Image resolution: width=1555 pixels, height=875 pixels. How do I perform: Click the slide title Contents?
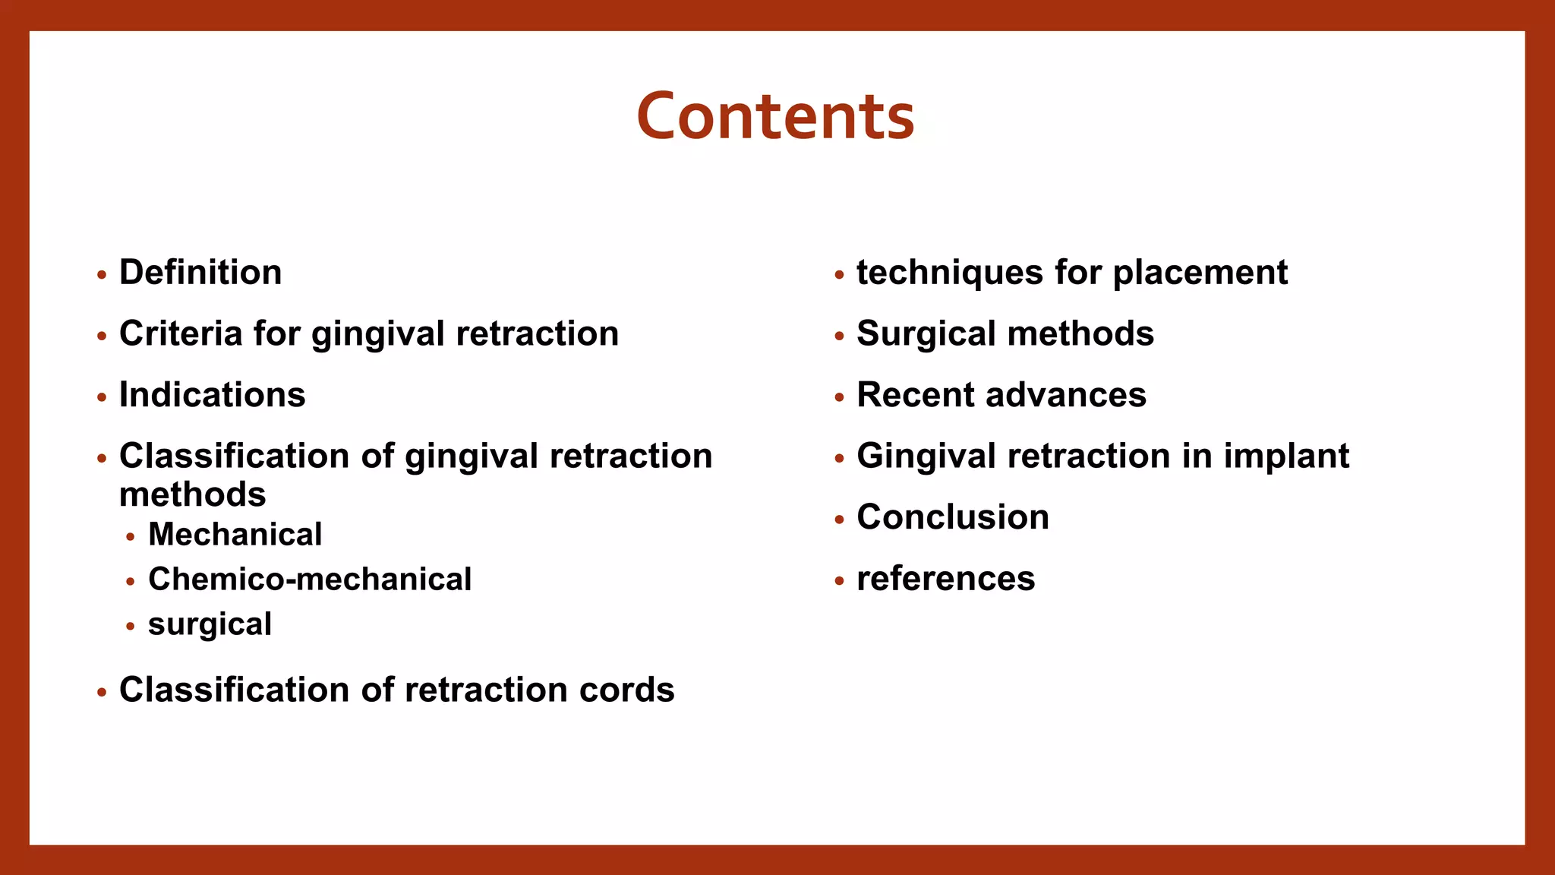tap(775, 116)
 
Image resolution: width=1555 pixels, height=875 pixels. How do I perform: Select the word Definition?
tap(200, 273)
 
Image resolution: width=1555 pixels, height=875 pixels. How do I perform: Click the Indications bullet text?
tap(212, 395)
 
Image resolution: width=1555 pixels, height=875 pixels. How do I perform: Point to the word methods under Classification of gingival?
tap(193, 495)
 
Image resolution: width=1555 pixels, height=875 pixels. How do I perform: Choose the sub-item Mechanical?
tap(235, 535)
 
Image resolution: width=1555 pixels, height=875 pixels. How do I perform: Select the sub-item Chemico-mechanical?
tap(310, 580)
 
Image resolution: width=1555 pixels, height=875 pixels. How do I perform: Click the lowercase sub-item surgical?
tap(210, 625)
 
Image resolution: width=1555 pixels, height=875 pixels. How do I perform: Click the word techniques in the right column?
tap(950, 273)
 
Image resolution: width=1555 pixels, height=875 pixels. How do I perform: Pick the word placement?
tap(1200, 273)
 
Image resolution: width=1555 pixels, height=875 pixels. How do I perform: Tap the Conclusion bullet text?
tap(953, 517)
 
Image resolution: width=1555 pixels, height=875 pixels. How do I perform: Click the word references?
tap(945, 579)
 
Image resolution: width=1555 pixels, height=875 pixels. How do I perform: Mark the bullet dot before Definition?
tap(102, 275)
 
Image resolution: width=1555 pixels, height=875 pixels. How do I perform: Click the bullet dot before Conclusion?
tap(839, 520)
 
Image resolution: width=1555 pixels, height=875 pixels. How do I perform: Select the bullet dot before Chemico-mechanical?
tap(131, 582)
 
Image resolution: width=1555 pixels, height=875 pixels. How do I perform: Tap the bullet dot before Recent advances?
tap(839, 397)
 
